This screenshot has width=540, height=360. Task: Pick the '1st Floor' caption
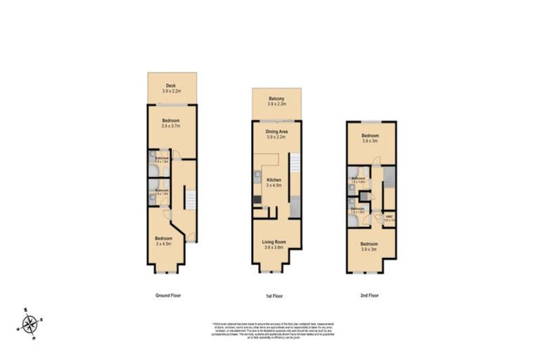276,295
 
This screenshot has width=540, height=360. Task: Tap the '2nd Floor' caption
369,295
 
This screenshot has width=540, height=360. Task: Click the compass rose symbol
30,324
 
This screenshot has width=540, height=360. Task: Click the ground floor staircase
189,204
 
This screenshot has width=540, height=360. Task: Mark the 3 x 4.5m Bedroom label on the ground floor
164,241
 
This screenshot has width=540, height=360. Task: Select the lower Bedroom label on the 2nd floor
370,247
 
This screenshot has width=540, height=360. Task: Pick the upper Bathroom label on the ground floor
161,160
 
